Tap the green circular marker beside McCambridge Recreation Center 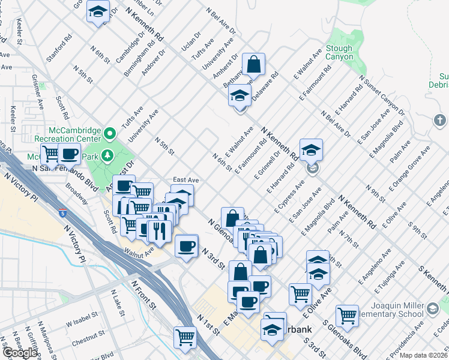pos(110,133)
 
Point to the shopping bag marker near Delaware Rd pos(254,65)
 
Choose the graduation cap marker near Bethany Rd pos(240,95)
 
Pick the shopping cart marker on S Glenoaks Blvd pos(347,315)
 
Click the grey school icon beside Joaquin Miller pos(432,309)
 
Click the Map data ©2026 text pos(424,355)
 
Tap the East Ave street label pos(185,179)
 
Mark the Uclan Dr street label pos(190,44)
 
